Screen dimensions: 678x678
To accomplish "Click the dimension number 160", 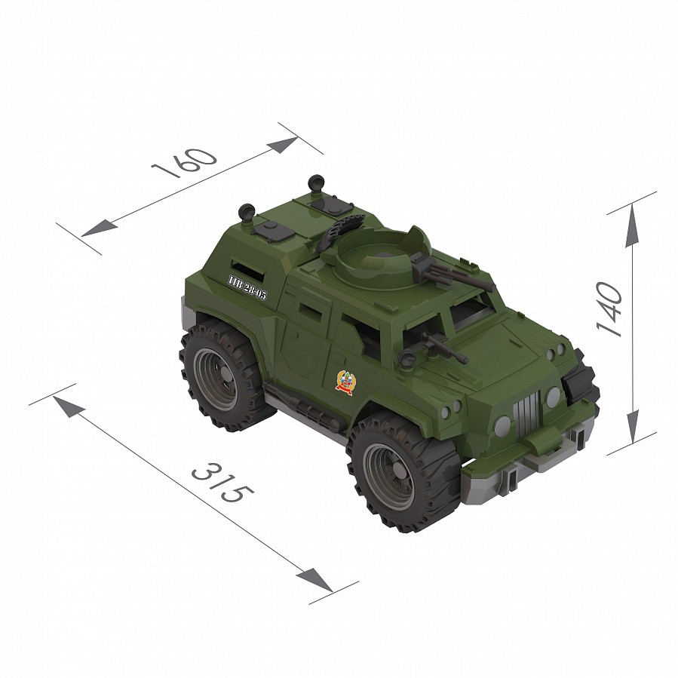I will click(185, 161).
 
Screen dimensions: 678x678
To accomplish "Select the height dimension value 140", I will click(609, 308).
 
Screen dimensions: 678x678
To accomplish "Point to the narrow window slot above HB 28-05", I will click(241, 270).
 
